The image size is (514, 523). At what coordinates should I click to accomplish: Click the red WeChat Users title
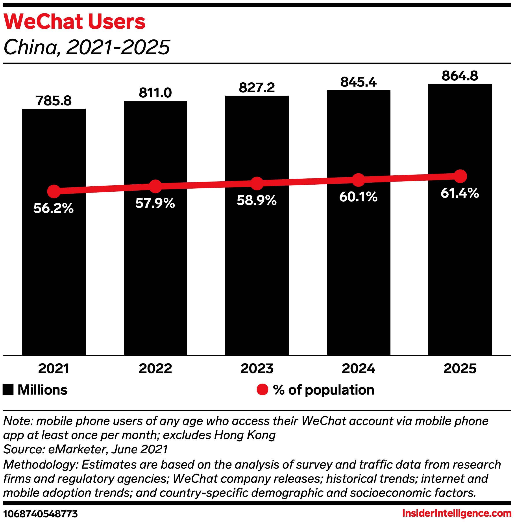pyautogui.click(x=74, y=22)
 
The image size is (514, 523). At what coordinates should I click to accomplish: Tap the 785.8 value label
pyautogui.click(x=54, y=101)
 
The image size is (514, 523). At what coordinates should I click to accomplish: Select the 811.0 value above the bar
pyautogui.click(x=155, y=93)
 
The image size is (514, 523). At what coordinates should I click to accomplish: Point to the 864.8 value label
pyautogui.click(x=460, y=76)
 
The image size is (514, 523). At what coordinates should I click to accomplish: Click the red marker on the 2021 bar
pyautogui.click(x=54, y=191)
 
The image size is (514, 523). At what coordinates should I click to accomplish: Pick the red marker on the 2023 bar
pyautogui.click(x=257, y=183)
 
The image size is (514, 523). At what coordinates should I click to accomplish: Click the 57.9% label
pyautogui.click(x=155, y=203)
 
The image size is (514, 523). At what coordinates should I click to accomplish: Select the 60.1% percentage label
pyautogui.click(x=358, y=197)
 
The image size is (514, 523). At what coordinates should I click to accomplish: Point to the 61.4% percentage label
pyautogui.click(x=460, y=193)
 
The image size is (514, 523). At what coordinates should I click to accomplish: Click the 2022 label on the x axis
pyautogui.click(x=155, y=368)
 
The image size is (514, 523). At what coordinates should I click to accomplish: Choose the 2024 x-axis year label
pyautogui.click(x=358, y=368)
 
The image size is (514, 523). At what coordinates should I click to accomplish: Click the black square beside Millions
pyautogui.click(x=8, y=390)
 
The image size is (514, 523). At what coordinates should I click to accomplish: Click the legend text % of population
pyautogui.click(x=324, y=390)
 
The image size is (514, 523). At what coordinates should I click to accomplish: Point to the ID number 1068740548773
pyautogui.click(x=41, y=514)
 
